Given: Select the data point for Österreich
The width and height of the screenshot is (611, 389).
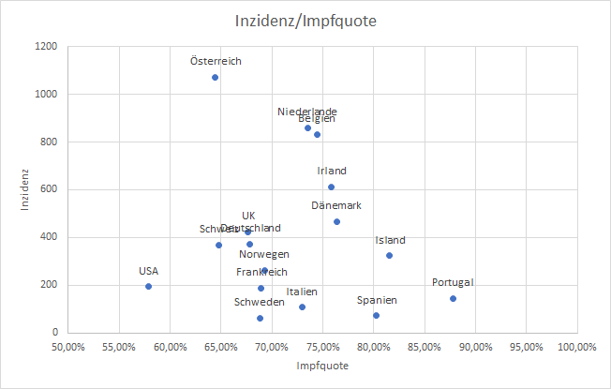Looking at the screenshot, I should pos(215,78).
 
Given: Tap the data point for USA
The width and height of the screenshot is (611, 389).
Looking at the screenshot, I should pos(148,287).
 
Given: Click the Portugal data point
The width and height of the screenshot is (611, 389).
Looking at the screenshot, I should pos(453,299).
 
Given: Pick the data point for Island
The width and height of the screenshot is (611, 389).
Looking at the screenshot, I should pos(389,256).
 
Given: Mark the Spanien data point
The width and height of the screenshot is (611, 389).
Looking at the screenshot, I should pos(376,316).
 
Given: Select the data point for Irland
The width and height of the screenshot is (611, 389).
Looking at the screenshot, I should pos(331,187).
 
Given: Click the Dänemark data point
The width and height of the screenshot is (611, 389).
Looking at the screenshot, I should pos(336,222).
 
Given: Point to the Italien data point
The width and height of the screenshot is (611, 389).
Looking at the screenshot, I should pos(302,307).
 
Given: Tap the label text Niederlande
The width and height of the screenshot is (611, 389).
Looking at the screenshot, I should pos(307,112).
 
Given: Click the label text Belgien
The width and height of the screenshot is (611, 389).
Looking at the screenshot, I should pos(317,119).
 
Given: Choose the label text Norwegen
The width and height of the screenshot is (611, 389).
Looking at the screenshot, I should pos(263,254).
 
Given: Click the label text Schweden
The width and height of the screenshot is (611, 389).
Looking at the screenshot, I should pos(260,302).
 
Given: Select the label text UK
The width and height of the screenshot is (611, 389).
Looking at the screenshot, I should pos(248,216).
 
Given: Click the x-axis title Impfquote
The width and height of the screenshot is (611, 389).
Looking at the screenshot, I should pos(322,366).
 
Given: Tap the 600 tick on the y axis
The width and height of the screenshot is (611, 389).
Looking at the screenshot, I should pos(48,189).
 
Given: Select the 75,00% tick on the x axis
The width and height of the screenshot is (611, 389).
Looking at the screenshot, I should pos(322,347).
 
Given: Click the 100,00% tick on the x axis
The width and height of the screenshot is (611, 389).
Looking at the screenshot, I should pos(575,347).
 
